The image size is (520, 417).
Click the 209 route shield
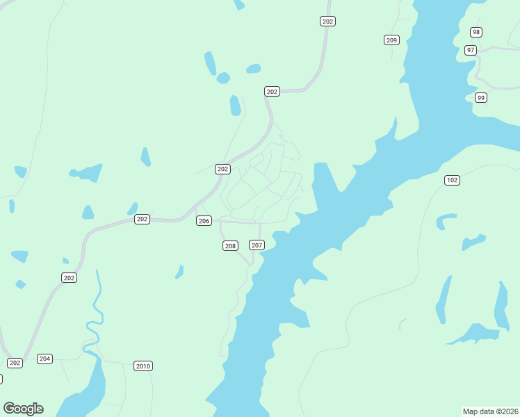391,40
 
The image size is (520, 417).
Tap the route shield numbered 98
476,32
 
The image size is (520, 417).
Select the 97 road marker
471,50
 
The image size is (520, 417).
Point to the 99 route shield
480,98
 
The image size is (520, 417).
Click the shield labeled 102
452,180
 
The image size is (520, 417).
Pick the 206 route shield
204,221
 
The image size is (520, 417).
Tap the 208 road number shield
230,246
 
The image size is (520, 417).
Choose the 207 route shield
257,245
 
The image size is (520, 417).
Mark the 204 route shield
45,359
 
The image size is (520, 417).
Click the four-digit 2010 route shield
143,366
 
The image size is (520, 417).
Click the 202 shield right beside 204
15,363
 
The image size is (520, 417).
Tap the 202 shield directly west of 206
142,219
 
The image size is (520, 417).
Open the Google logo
23,409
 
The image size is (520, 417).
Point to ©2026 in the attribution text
506,411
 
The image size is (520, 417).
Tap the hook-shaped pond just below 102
444,220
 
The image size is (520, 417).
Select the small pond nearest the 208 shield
179,272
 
